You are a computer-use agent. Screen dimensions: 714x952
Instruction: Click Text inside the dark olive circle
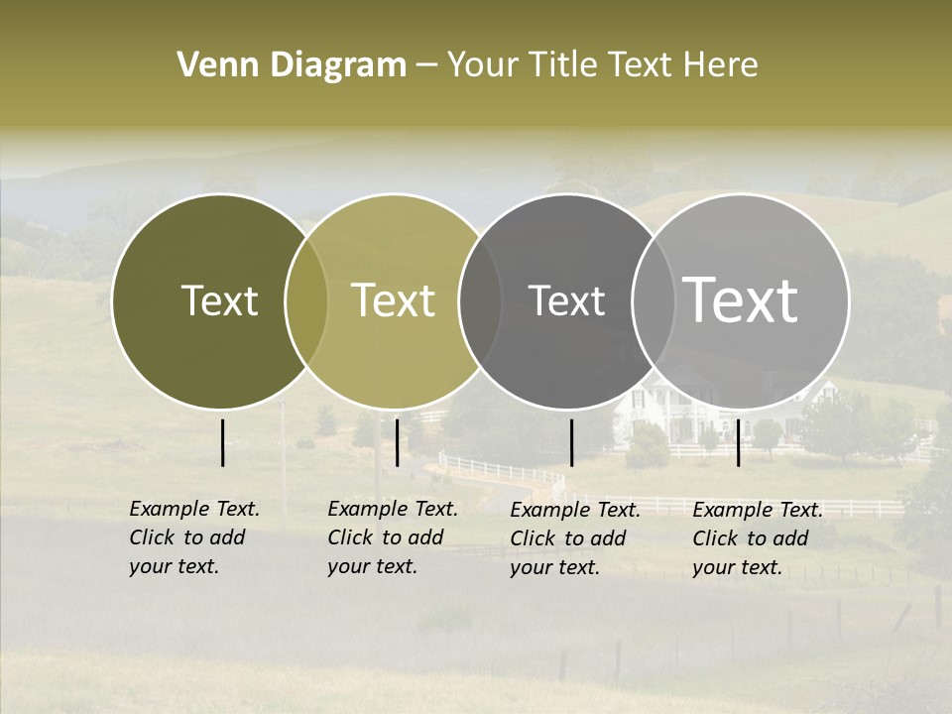[x=219, y=300]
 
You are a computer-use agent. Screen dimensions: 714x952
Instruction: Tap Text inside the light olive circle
[x=393, y=300]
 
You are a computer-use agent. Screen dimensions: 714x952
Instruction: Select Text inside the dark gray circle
[x=566, y=300]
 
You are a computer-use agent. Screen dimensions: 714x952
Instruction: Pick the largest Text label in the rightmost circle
[x=740, y=299]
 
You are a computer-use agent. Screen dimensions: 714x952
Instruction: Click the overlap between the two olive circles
[x=306, y=300]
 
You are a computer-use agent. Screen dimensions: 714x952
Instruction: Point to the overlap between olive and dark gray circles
[x=480, y=300]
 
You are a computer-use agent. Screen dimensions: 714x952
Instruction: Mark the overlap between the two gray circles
[x=653, y=300]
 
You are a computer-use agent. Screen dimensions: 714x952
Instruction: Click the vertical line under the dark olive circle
[x=222, y=442]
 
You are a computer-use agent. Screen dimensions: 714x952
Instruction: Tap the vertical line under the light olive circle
[x=397, y=442]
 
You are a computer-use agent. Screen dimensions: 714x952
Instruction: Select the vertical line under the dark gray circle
[x=571, y=442]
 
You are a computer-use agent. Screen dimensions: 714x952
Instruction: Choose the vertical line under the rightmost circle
[x=738, y=442]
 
